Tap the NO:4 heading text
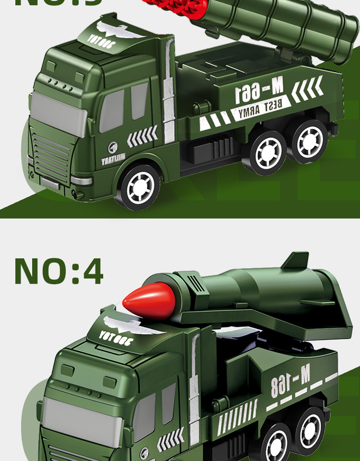point(59,271)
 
